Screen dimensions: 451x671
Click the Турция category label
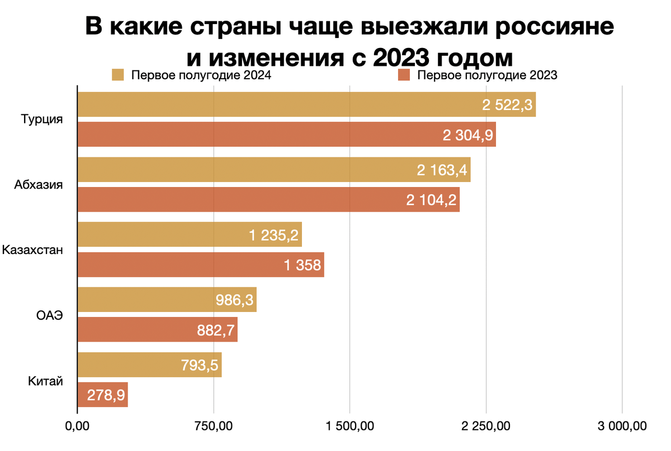[x=41, y=120]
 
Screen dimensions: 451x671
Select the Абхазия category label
[x=38, y=185]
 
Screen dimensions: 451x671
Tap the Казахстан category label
[x=32, y=250]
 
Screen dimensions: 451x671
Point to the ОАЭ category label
[x=46, y=315]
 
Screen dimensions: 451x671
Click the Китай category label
[x=45, y=381]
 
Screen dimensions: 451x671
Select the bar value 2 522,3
[x=507, y=105]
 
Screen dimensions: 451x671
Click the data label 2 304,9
[x=467, y=135]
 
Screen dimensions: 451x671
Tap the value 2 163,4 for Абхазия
[x=442, y=170]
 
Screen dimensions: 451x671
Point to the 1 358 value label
[x=303, y=265]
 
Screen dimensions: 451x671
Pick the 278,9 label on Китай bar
[x=106, y=395]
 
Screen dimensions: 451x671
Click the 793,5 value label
[x=200, y=365]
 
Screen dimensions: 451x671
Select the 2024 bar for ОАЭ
[x=167, y=300]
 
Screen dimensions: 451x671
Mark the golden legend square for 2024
[x=117, y=75]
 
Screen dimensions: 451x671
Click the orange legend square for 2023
[x=403, y=75]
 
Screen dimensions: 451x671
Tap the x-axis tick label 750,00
[x=214, y=427]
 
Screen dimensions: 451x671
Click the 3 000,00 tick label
[x=622, y=427]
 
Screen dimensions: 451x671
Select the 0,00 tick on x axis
[x=77, y=427]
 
